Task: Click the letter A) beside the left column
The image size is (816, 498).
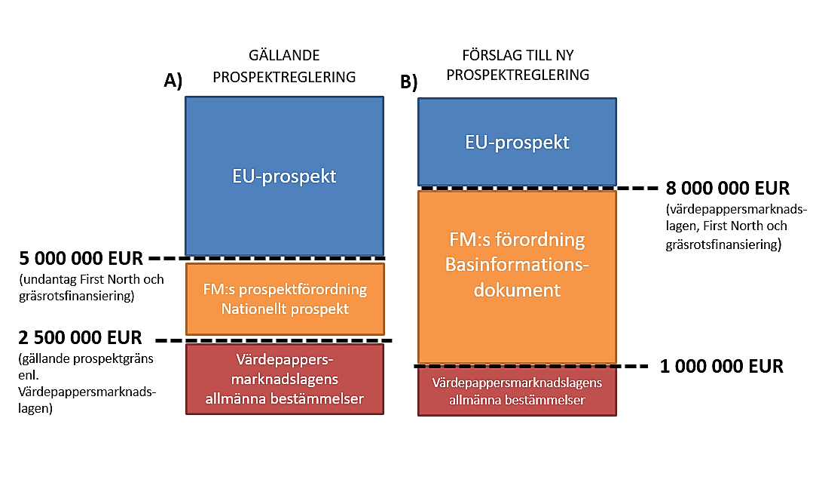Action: pos(173,81)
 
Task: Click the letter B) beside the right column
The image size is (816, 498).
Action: pos(408,82)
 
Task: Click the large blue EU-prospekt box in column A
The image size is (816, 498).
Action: pos(284,176)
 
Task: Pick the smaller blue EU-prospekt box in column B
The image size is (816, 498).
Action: pos(517,142)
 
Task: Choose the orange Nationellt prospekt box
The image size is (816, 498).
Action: pos(284,299)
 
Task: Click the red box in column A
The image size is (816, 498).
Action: pos(284,379)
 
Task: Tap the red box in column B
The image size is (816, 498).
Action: pos(517,391)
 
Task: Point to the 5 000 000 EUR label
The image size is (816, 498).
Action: pos(80,259)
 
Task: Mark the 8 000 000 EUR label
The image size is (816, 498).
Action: pos(728,188)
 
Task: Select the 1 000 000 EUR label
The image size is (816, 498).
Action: pos(721,367)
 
